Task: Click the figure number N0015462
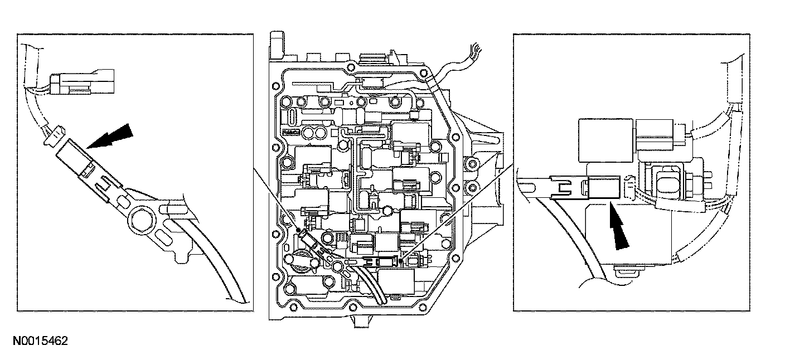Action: click(x=38, y=340)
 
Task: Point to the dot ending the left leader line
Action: click(x=298, y=229)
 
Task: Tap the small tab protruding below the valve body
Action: click(x=361, y=322)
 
